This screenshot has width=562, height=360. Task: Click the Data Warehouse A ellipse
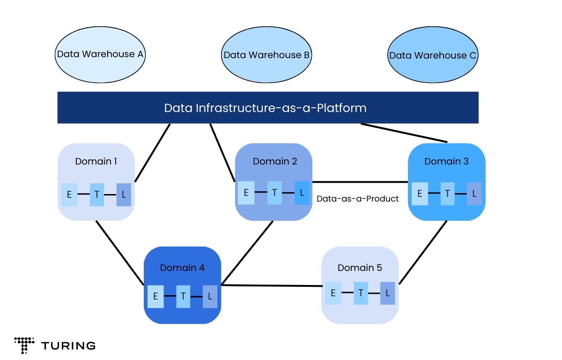coord(100,54)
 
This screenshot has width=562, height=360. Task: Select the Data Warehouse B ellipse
coord(266,55)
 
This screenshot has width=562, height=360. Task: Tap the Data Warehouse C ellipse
coord(433,55)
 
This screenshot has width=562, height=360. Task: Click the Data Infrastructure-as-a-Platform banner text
coord(265,108)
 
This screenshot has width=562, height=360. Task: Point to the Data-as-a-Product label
coord(358,199)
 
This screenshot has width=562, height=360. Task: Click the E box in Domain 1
coord(69,194)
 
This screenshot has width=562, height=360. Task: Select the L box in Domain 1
coord(124,194)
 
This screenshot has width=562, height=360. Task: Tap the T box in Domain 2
coord(274,193)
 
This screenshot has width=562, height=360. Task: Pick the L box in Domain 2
coord(302,193)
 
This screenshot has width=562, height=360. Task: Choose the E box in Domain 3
coord(420,194)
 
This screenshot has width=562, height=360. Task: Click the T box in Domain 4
coord(183,296)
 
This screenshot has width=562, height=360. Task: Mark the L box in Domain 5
coord(388,293)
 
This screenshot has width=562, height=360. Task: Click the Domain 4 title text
coord(182,268)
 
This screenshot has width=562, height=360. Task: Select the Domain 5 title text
coord(360,268)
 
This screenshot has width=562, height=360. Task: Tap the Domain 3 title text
coord(446,161)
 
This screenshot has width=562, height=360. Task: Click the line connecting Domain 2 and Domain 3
coord(361,182)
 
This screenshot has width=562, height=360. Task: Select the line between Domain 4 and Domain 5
coord(272,285)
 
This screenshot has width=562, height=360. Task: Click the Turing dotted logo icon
coord(24,345)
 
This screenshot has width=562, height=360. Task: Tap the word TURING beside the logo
coord(68,346)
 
